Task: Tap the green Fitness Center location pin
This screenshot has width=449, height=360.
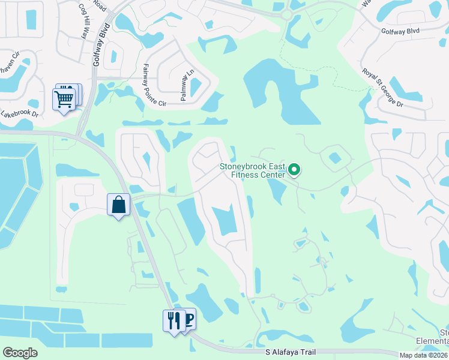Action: point(294,170)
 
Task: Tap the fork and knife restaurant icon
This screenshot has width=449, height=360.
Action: point(173,320)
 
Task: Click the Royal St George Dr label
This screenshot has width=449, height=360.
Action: point(382,88)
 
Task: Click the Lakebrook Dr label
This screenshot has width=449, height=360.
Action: point(19,112)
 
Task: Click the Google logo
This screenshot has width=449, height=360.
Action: point(20,353)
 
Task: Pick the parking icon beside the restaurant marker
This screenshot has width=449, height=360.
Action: point(188,319)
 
